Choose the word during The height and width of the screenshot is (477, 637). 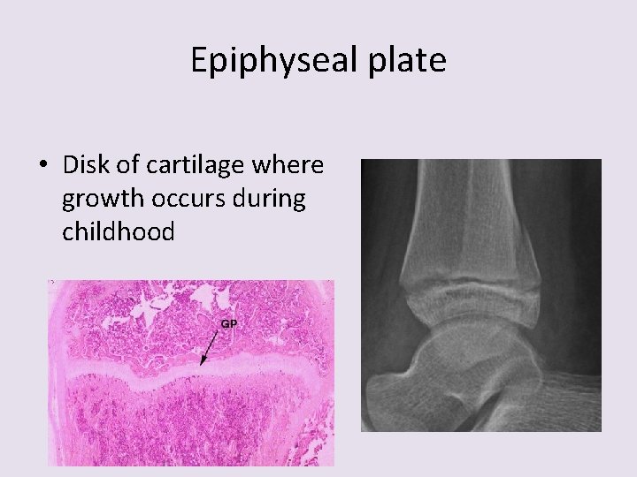pyautogui.click(x=271, y=199)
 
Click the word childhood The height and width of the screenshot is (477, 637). pyautogui.click(x=119, y=232)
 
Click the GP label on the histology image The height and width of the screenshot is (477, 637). pyautogui.click(x=228, y=323)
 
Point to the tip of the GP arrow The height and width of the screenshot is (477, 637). pyautogui.click(x=202, y=365)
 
